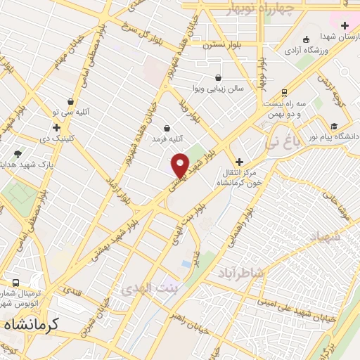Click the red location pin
coord(181,165)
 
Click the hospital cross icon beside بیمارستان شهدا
coord(344,25)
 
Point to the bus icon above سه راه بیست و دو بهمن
coord(283,92)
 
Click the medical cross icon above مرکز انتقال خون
coord(239,162)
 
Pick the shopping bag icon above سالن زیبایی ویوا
coord(219,77)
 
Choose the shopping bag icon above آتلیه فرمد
coord(167,128)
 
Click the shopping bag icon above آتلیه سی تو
coord(70,102)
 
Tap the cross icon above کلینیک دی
coord(56,127)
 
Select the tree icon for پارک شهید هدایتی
coord(18,153)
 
